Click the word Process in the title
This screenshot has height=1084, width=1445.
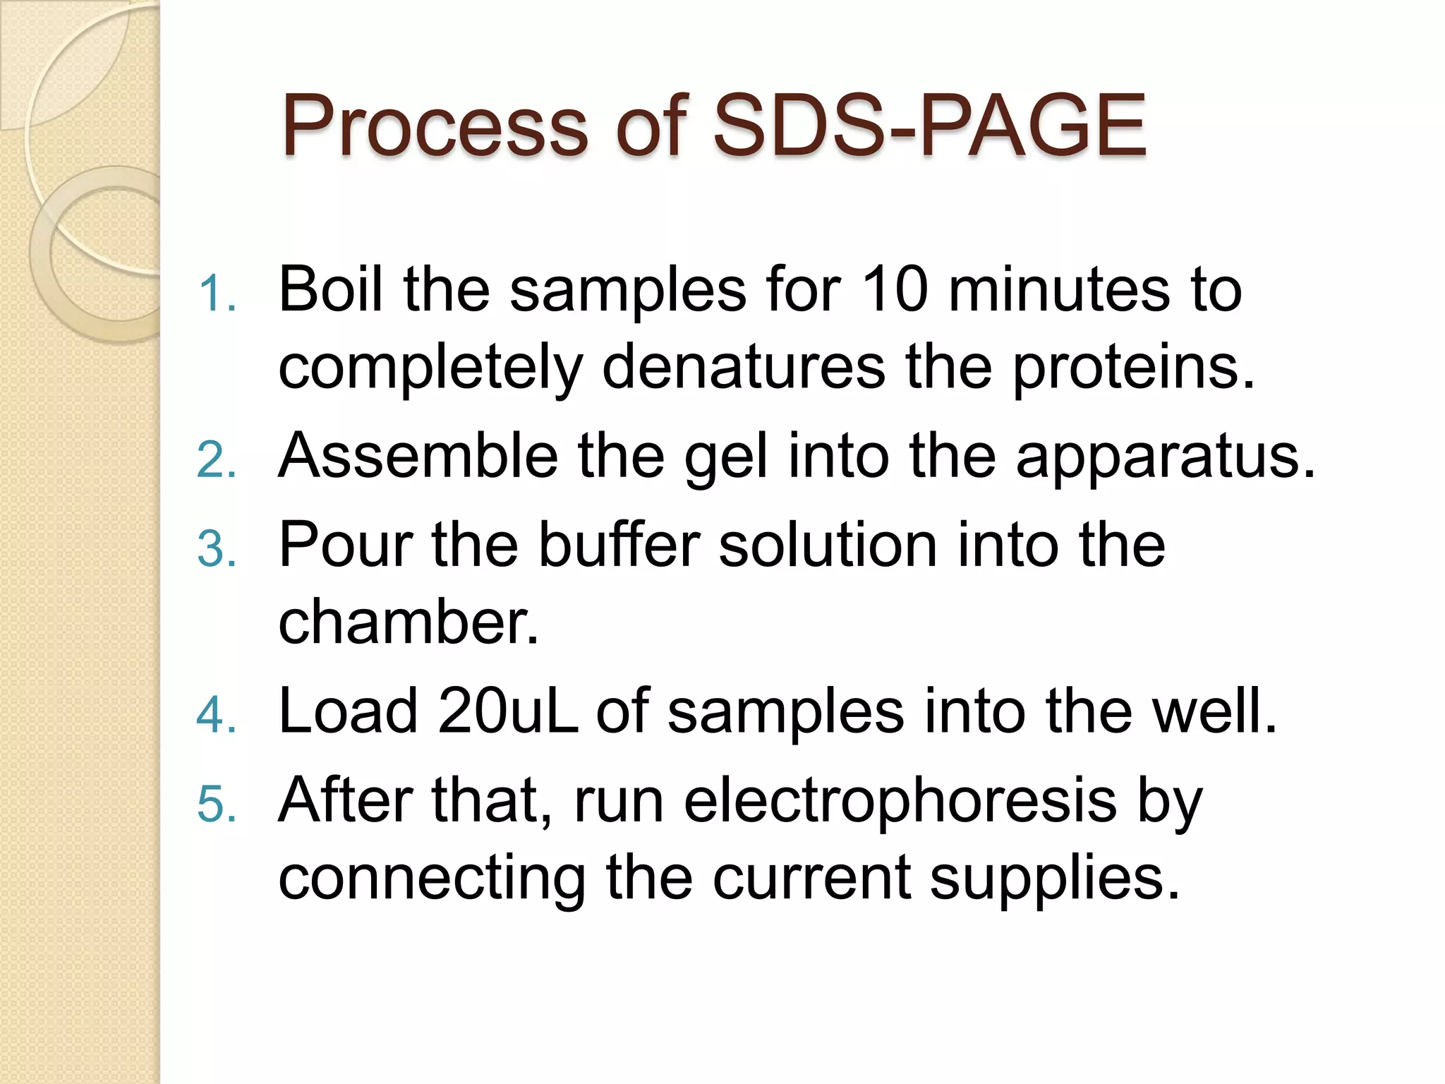click(434, 127)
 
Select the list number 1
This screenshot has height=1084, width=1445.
click(215, 294)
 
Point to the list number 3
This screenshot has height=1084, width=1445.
click(215, 549)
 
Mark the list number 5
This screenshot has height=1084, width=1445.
click(215, 804)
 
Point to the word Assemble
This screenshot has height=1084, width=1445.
click(418, 456)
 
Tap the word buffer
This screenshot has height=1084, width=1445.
click(619, 545)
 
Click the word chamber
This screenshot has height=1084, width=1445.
click(408, 622)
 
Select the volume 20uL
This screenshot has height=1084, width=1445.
click(507, 711)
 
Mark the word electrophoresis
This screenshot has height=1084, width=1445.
click(900, 802)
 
